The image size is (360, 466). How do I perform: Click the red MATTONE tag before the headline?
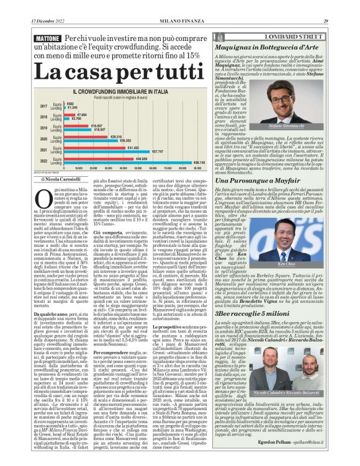[29, 38]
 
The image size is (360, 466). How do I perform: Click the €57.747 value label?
[157, 151]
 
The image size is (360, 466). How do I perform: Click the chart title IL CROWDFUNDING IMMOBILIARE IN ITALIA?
[132, 91]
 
